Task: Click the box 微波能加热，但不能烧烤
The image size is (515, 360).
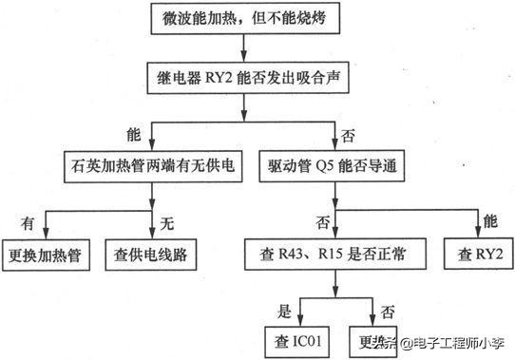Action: click(244, 18)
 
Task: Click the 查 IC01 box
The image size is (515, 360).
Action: click(299, 339)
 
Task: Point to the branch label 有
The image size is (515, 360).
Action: click(28, 224)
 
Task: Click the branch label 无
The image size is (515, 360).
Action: click(168, 224)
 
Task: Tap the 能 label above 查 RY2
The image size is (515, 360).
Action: click(490, 224)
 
